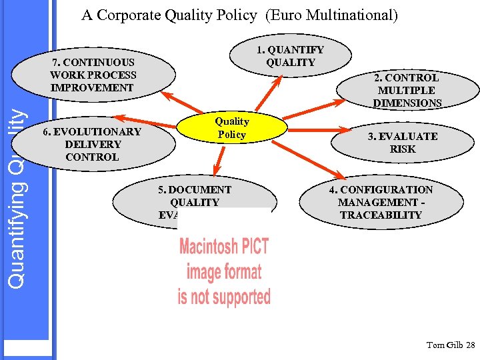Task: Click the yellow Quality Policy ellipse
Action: tap(232, 129)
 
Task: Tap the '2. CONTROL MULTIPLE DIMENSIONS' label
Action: tap(407, 90)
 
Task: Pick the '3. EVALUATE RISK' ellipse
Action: tap(402, 143)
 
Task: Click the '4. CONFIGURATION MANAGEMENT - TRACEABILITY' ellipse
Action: tap(380, 202)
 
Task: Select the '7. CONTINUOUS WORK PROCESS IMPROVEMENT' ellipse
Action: tap(93, 75)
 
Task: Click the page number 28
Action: tap(470, 345)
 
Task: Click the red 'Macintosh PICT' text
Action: tap(224, 247)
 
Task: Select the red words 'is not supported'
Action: tap(224, 296)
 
